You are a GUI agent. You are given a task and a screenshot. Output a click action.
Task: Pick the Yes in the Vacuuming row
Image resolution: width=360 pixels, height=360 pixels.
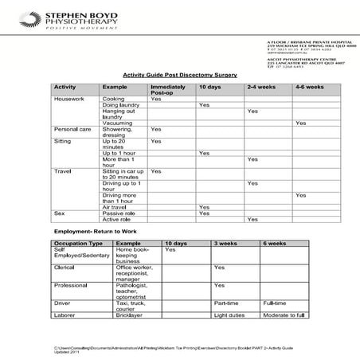(x=300, y=123)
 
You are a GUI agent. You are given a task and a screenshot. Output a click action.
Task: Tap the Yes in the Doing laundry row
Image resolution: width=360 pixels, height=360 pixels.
(x=204, y=105)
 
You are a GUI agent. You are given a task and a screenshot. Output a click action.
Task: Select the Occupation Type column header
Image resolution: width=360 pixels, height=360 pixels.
(x=78, y=242)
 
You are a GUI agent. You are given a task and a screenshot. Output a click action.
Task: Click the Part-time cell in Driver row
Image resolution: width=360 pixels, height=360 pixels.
(x=226, y=303)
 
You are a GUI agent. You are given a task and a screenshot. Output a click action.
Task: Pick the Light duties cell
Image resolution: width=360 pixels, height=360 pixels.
(x=230, y=316)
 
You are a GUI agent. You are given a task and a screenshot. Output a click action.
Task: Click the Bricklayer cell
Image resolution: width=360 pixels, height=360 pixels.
(x=129, y=316)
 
